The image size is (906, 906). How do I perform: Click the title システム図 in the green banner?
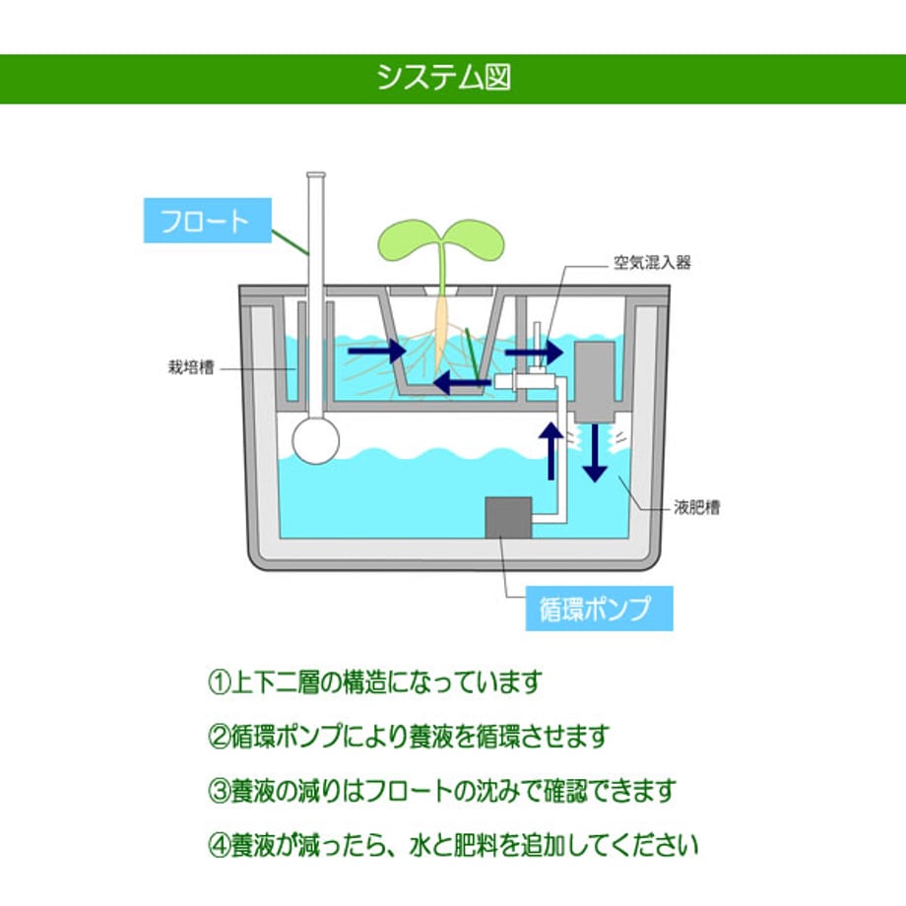click(444, 78)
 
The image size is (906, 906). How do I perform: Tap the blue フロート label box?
click(208, 221)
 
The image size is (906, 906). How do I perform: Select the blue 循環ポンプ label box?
click(599, 609)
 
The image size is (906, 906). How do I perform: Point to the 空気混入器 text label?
click(652, 263)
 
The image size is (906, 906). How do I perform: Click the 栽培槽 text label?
click(191, 367)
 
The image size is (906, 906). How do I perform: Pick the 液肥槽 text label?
click(697, 507)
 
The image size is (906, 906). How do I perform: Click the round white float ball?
click(315, 440)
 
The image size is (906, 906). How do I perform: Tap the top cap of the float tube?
click(315, 175)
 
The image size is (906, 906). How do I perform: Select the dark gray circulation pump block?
click(508, 517)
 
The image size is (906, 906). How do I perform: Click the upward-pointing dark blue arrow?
click(551, 451)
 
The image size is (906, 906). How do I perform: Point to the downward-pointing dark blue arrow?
click(595, 454)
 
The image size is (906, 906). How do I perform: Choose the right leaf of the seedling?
click(475, 238)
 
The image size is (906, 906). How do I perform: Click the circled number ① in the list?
click(219, 681)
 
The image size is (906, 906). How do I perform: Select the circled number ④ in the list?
click(219, 845)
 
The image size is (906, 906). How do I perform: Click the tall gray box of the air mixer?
click(594, 381)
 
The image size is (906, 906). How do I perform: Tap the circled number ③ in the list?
click(219, 791)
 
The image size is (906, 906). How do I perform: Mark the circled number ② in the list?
click(219, 737)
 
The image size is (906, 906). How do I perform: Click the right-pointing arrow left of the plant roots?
click(377, 351)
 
